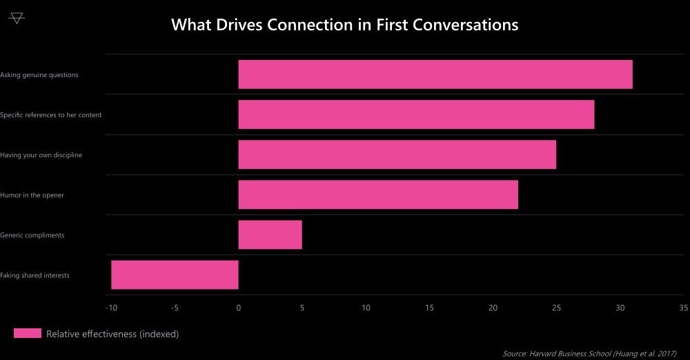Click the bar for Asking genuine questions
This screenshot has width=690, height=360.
tap(435, 74)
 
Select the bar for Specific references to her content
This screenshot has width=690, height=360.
tap(416, 114)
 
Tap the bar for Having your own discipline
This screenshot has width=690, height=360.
tap(397, 154)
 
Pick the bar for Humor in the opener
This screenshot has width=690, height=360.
tap(378, 194)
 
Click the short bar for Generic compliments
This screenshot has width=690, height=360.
tap(270, 234)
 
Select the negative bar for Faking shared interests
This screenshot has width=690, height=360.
tap(175, 274)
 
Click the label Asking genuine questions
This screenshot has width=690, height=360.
tap(39, 74)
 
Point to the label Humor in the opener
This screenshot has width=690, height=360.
tap(32, 195)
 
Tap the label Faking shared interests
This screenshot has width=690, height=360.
tap(35, 275)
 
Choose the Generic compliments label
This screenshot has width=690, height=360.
tap(32, 235)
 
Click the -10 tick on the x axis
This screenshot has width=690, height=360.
tap(110, 308)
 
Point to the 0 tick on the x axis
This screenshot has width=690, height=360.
tap(238, 308)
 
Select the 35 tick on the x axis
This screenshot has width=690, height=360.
tap(683, 308)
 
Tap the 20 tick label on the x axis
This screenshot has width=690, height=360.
tap(493, 308)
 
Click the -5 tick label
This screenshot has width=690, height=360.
tap(175, 308)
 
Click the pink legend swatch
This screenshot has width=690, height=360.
tap(28, 334)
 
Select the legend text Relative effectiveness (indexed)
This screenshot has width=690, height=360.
tap(112, 334)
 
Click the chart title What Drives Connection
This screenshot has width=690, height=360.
tap(344, 25)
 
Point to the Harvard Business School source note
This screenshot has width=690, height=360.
tap(589, 353)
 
